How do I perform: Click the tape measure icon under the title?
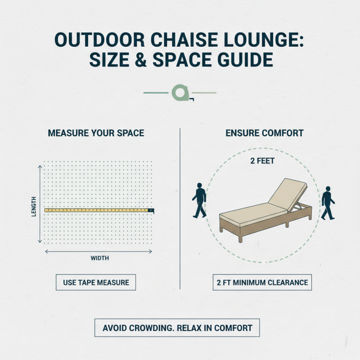(x=180, y=93)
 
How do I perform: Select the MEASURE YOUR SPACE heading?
(x=96, y=133)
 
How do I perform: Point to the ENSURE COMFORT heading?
(x=264, y=133)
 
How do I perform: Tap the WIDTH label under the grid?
(x=99, y=258)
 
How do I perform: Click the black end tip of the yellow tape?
(x=152, y=210)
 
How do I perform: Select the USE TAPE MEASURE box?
(x=96, y=283)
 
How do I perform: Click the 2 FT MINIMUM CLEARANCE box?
(x=262, y=283)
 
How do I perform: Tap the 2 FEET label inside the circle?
(x=262, y=161)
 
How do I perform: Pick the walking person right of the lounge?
(x=328, y=202)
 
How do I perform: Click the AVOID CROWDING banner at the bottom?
(x=177, y=328)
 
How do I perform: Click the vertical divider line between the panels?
(x=180, y=207)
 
